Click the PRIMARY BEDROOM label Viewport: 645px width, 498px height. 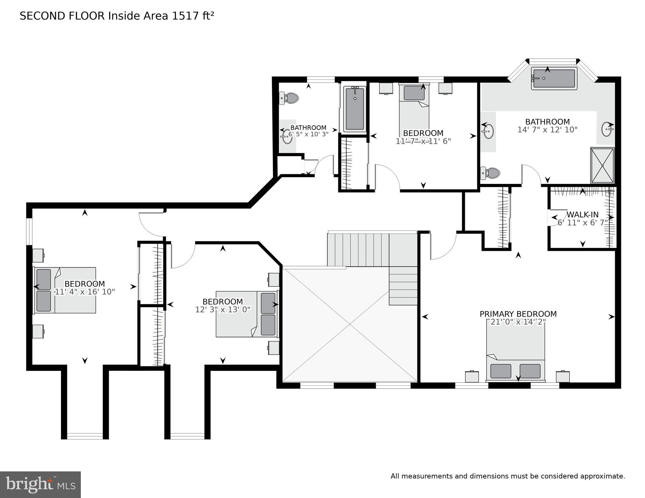tap(518, 314)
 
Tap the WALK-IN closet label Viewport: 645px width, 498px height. tap(582, 215)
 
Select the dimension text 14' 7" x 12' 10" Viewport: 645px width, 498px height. tap(547, 130)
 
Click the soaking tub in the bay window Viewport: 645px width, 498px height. tap(554, 79)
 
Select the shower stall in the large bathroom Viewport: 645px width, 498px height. tap(602, 165)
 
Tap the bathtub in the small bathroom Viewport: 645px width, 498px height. tap(355, 109)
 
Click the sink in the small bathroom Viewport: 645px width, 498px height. tap(287, 136)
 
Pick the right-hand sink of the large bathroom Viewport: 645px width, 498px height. tap(607, 129)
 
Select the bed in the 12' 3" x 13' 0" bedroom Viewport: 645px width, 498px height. tap(247, 314)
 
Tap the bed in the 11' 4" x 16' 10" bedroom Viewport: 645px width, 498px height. tap(65, 290)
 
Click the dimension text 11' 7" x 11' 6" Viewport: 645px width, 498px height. tap(423, 141)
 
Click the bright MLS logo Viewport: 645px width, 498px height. tap(40, 485)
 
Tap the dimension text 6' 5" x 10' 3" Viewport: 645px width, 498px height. tap(308, 134)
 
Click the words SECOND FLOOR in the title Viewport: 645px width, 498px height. tap(62, 16)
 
